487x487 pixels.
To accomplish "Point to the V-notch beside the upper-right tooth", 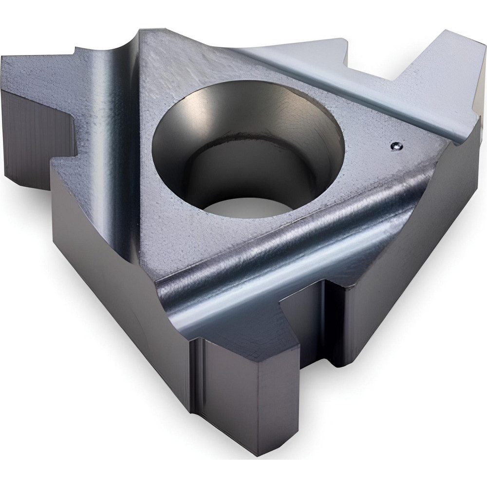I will (x=390, y=73).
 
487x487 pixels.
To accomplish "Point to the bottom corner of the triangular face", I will (x=161, y=282).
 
